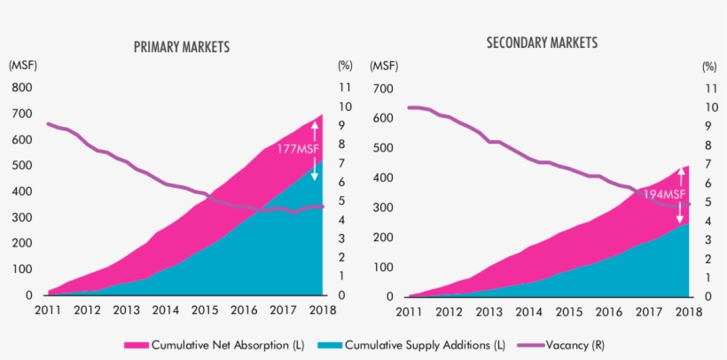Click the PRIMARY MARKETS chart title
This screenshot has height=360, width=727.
181,46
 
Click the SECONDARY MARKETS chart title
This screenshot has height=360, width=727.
542,43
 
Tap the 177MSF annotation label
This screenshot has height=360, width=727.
297,149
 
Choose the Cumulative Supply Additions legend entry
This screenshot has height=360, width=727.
425,344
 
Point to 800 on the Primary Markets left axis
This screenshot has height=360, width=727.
21,88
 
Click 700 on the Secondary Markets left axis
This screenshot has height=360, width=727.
382,89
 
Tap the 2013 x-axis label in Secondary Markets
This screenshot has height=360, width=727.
488,312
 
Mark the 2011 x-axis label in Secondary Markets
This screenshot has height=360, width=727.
408,312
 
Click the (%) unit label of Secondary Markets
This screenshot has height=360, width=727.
708,66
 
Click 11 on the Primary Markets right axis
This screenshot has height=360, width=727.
345,88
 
